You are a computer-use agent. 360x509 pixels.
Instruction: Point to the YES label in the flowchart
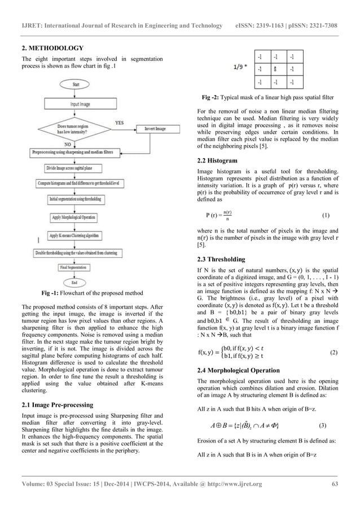tap(120, 121)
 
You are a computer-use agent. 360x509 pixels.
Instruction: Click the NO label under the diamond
tap(69, 144)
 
